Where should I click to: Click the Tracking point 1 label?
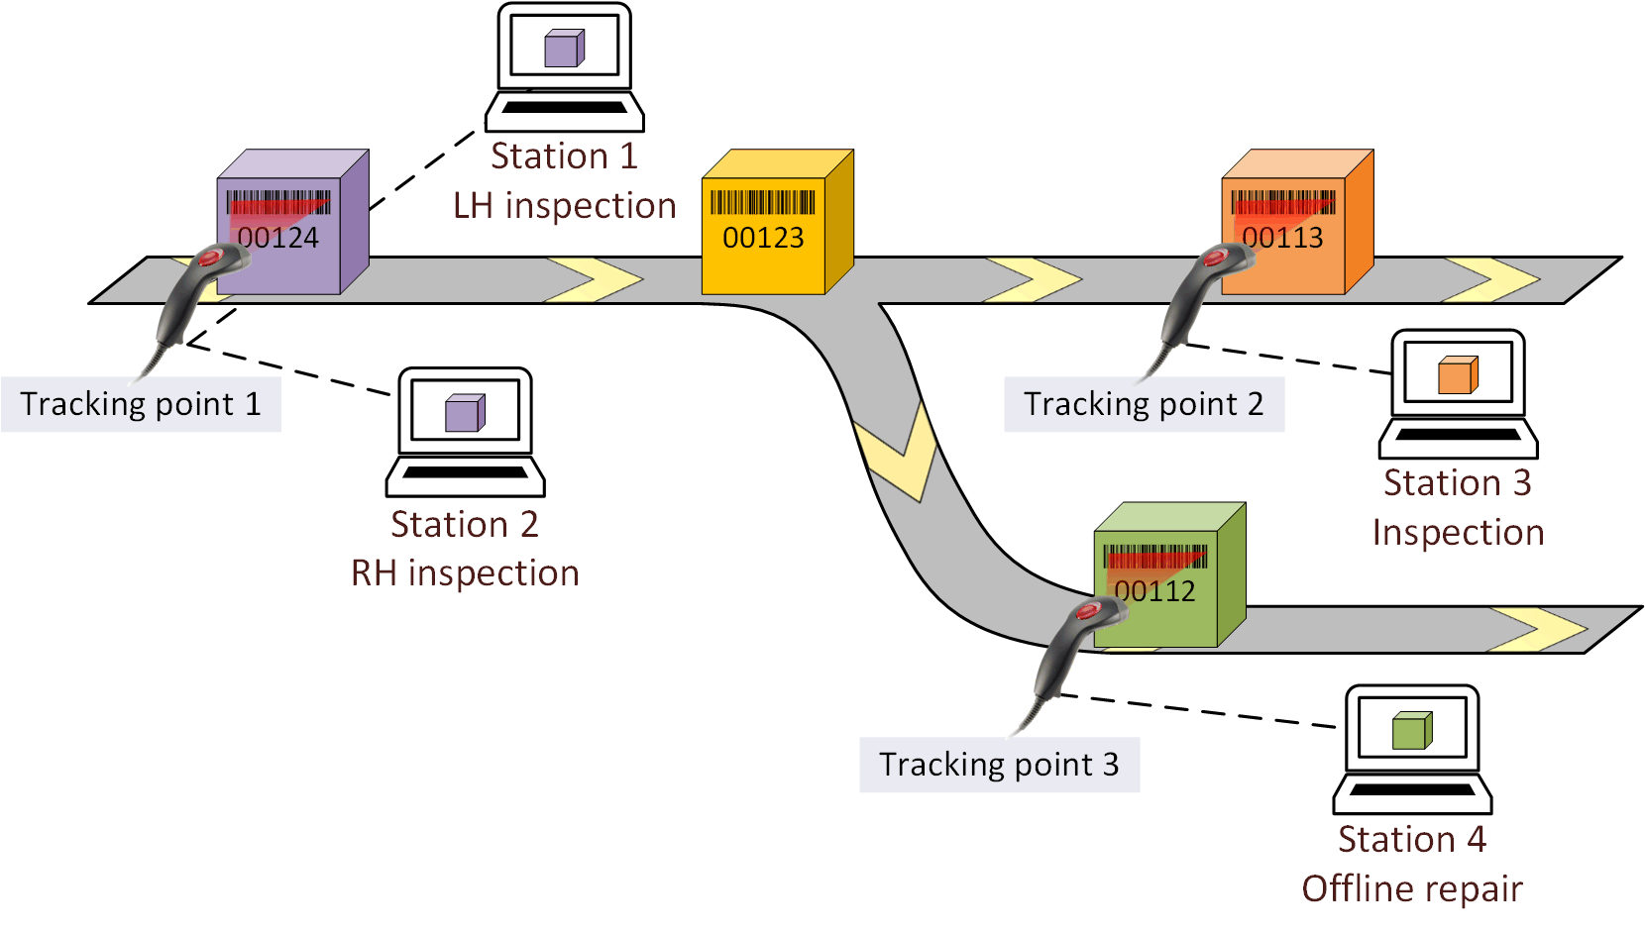point(141,404)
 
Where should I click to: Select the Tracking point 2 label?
point(1144,404)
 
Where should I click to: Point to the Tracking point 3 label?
point(999,765)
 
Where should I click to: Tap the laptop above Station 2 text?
point(465,432)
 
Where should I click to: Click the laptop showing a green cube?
point(1412,749)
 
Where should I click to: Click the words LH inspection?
point(564,206)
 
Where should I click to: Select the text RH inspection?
point(465,573)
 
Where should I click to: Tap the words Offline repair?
point(1411,889)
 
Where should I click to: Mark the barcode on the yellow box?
point(762,202)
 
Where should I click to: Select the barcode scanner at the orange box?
point(1194,297)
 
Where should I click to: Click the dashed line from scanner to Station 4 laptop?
point(1199,710)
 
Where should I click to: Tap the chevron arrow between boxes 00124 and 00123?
point(595,279)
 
